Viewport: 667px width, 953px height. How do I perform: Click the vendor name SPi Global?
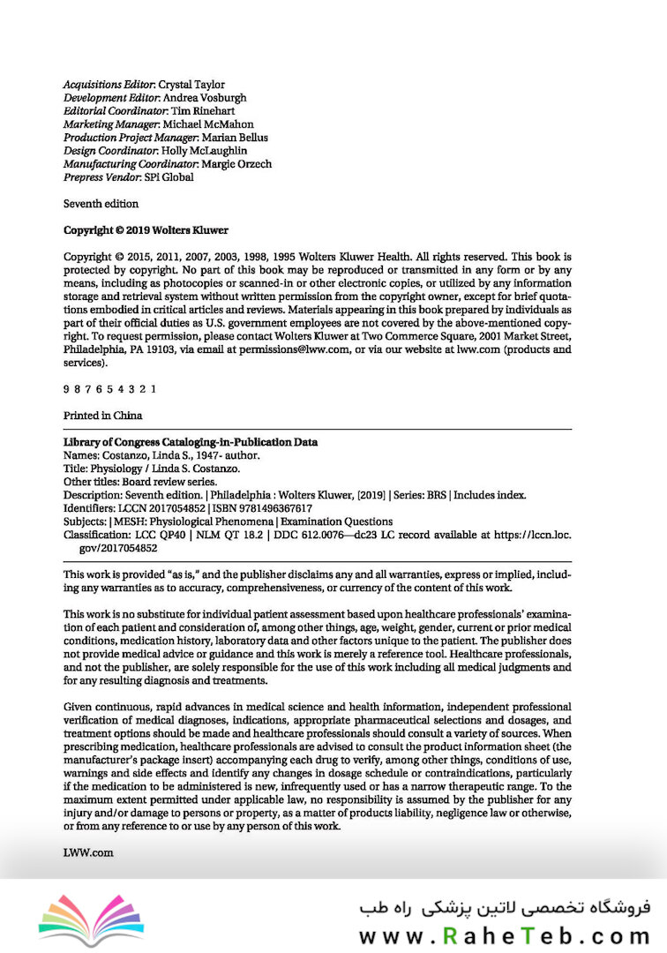[x=169, y=177]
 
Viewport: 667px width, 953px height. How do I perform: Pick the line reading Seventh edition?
[x=101, y=204]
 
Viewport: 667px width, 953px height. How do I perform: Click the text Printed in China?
[x=102, y=416]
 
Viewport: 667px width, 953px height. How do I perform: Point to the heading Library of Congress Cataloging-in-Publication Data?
[x=191, y=442]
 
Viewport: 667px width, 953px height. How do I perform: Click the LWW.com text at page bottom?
[x=88, y=852]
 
